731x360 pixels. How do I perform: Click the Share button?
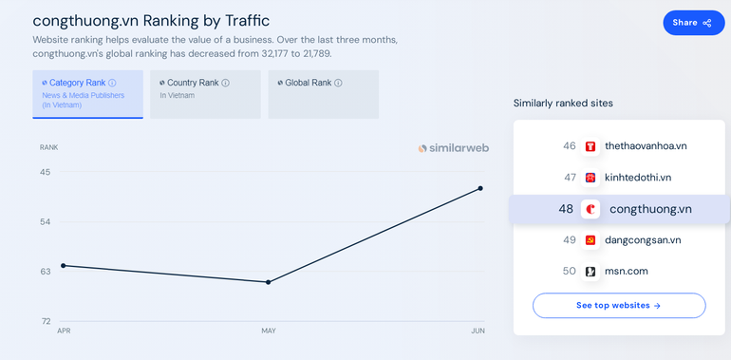point(693,23)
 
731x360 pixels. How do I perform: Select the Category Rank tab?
point(87,94)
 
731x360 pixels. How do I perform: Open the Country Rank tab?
point(205,94)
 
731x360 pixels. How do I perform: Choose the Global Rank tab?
point(323,94)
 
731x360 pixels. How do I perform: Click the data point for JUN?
point(480,188)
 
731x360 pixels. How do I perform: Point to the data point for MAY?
point(269,282)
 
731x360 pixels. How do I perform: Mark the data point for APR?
point(64,265)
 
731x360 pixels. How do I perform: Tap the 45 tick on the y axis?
point(45,172)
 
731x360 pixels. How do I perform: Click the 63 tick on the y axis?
point(45,272)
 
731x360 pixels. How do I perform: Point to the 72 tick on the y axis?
point(45,321)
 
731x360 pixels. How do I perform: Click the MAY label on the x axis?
point(269,331)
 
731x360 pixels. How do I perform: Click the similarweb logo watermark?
point(454,148)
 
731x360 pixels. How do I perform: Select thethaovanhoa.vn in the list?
point(645,146)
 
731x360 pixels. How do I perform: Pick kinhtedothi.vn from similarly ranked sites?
point(637,178)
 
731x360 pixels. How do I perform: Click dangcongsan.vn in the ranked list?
point(642,240)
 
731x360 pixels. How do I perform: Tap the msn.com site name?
point(626,272)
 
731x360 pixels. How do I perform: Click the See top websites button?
point(618,306)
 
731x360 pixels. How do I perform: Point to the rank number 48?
point(566,209)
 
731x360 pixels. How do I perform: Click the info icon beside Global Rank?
point(338,83)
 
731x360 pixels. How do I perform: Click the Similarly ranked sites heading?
point(563,103)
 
